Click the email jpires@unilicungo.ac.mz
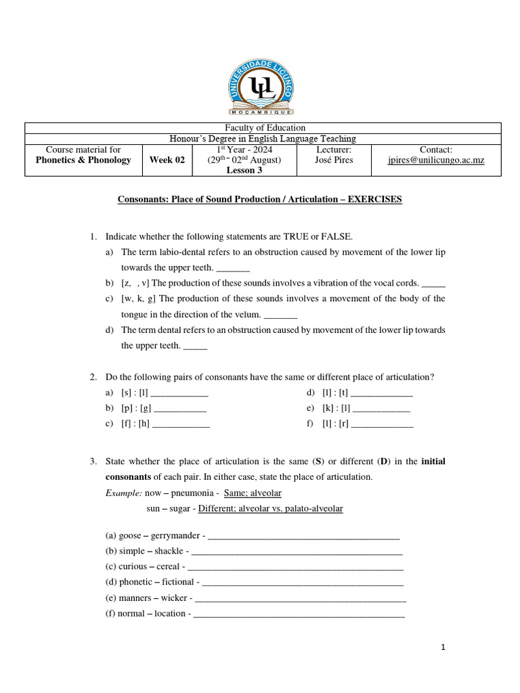coord(436,160)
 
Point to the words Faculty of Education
coord(263,128)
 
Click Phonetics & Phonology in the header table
coord(83,160)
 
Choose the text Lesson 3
coord(244,171)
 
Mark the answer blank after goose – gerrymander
coord(303,535)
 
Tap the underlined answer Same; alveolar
coord(253,493)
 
